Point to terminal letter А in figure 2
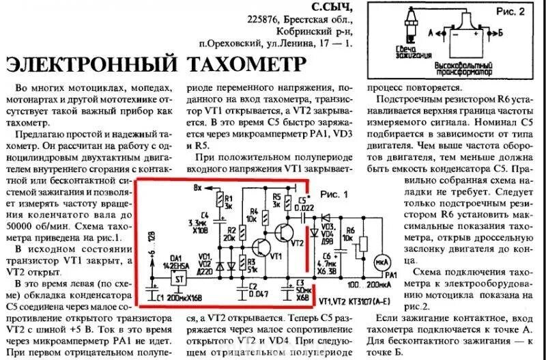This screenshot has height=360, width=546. coord(431,31)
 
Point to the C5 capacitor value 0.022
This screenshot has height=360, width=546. coord(306,208)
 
